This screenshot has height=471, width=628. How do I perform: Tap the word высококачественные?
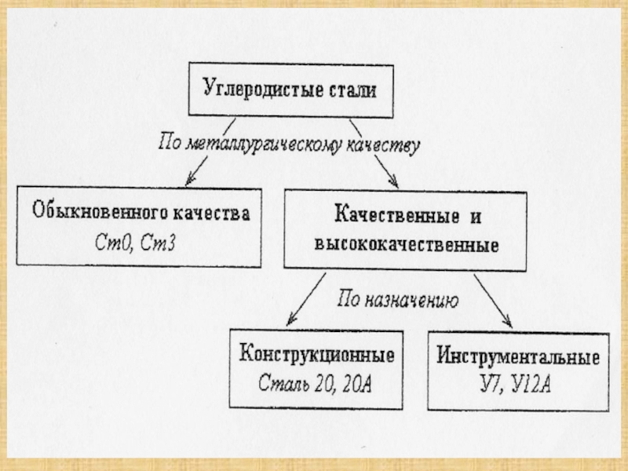click(x=406, y=243)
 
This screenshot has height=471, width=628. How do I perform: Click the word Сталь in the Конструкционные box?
click(x=283, y=384)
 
